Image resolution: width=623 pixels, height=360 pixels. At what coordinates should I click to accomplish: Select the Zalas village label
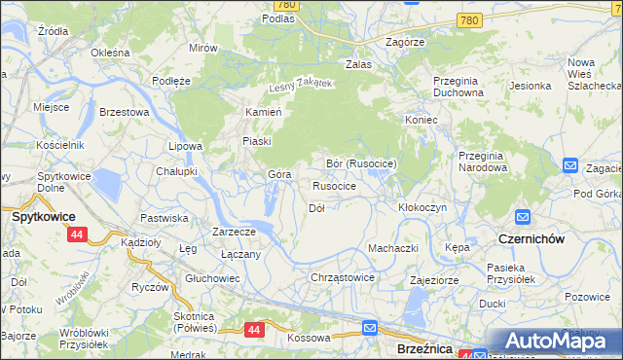359,64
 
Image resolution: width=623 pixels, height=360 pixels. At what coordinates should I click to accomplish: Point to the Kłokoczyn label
422,208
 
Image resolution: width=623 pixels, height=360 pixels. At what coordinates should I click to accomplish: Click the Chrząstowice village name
343,277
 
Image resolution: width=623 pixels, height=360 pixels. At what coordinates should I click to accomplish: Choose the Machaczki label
392,248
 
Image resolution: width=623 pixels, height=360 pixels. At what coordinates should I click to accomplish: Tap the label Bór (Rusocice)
361,163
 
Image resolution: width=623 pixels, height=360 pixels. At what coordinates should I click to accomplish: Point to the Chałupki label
176,170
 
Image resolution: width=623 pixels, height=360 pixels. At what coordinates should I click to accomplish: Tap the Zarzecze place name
234,232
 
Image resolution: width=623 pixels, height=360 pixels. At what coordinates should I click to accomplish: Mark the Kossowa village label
310,338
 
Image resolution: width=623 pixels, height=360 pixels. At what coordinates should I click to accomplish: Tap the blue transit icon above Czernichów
522,218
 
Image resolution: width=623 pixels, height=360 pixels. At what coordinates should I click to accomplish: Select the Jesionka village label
530,86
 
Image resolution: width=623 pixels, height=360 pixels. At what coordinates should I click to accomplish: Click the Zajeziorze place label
435,279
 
